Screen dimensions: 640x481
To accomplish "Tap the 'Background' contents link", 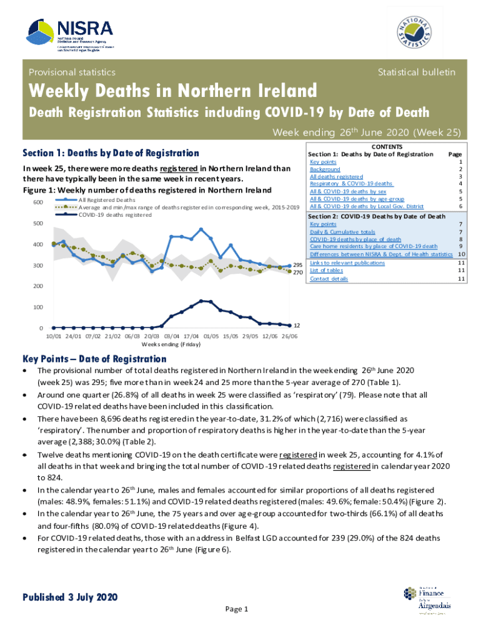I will click(325, 169).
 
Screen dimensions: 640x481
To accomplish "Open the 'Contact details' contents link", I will click(329, 279).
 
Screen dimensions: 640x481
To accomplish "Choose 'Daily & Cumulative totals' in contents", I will click(342, 231).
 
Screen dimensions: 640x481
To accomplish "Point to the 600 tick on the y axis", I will click(38, 202).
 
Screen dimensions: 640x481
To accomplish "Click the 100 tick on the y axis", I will click(38, 307).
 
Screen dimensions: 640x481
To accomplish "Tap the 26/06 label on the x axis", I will click(289, 336).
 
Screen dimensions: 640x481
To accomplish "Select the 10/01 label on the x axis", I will click(54, 336).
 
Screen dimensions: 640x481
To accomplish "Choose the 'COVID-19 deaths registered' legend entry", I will click(115, 214).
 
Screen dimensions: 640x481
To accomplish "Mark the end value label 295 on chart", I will click(298, 265).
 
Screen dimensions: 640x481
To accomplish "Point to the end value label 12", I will click(297, 326).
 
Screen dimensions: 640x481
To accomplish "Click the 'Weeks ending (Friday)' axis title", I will click(171, 344).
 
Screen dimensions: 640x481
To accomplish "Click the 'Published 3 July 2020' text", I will click(70, 597).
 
